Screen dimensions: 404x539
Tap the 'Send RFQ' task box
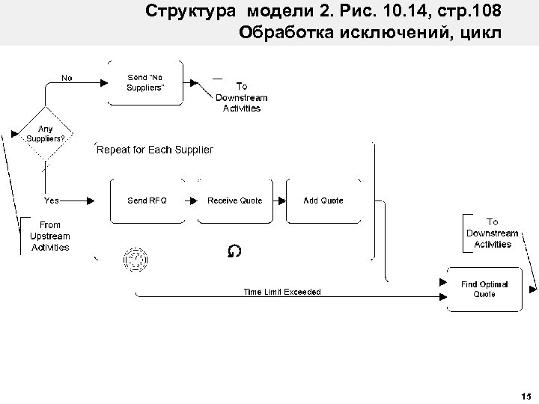click(147, 201)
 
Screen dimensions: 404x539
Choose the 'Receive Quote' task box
click(234, 201)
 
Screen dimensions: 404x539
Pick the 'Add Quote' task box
click(323, 201)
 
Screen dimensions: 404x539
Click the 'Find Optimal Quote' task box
click(484, 289)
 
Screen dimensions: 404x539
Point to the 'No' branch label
click(67, 77)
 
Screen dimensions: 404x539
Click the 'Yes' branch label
click(52, 201)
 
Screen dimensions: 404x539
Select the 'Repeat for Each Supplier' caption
click(155, 150)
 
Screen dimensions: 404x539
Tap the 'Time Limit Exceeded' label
click(281, 292)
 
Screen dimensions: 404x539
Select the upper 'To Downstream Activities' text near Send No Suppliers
click(241, 97)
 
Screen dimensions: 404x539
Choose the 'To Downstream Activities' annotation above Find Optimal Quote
click(493, 233)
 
